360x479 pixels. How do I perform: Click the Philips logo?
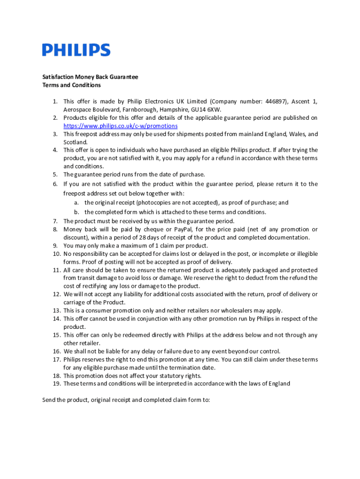click(76, 51)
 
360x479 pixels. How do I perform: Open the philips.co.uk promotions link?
click(120, 126)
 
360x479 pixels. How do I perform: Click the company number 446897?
click(276, 101)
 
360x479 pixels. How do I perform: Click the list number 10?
click(56, 254)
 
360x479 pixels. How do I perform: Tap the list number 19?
click(56, 384)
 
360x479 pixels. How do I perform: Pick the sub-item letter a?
click(76, 203)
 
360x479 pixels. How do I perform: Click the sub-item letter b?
click(76, 212)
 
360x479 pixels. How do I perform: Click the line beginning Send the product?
click(126, 400)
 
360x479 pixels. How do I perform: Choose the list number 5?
click(55, 174)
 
